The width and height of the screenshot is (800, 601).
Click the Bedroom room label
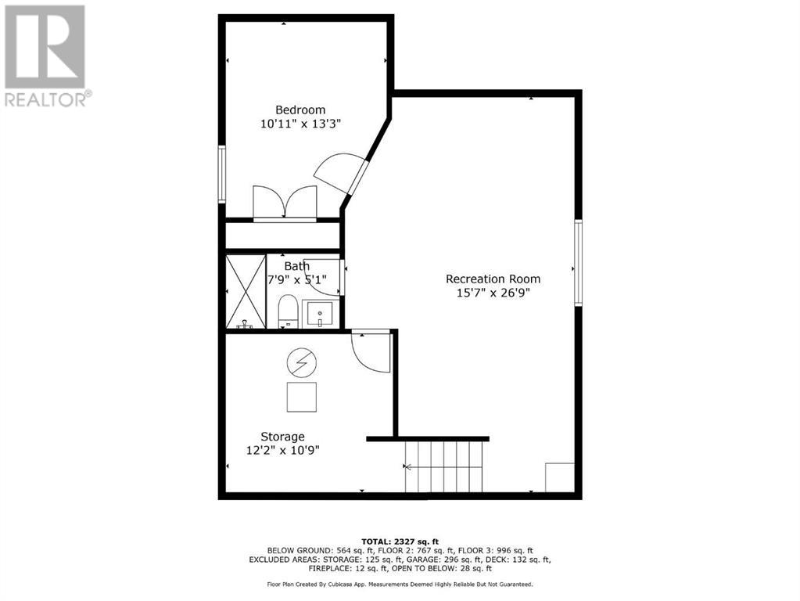click(300, 110)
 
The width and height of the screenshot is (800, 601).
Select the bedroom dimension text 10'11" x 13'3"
click(300, 124)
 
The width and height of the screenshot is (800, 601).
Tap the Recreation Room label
click(493, 279)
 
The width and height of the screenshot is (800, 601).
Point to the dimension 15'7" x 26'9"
click(493, 293)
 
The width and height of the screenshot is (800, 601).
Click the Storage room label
click(282, 436)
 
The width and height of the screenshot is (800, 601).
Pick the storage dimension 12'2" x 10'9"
click(282, 450)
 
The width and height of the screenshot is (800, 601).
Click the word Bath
click(296, 266)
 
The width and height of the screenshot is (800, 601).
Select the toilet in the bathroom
click(289, 311)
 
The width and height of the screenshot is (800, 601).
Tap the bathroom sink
click(320, 315)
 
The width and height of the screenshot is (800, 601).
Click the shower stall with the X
click(246, 291)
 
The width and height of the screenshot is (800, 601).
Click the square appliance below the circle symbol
click(301, 397)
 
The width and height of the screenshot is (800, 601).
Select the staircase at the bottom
click(444, 466)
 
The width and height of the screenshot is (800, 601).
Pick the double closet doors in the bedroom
click(285, 203)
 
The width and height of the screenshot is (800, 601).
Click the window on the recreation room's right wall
click(579, 262)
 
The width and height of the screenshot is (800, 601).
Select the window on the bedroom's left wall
click(222, 175)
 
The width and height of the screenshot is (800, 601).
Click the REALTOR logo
click(45, 55)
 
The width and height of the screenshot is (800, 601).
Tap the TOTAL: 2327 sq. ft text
click(400, 541)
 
